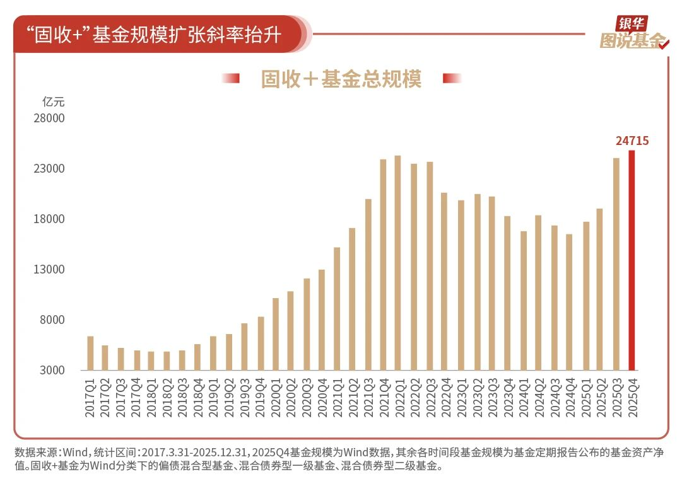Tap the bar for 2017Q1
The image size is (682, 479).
click(x=90, y=353)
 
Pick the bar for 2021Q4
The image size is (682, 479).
click(x=383, y=265)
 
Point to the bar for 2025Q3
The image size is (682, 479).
click(x=616, y=264)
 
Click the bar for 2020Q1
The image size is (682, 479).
click(x=276, y=334)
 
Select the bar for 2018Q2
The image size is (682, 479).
click(x=167, y=361)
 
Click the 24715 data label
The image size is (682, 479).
click(x=632, y=141)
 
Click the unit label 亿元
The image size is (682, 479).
click(x=53, y=101)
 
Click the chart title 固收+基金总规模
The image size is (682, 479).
click(x=341, y=79)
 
